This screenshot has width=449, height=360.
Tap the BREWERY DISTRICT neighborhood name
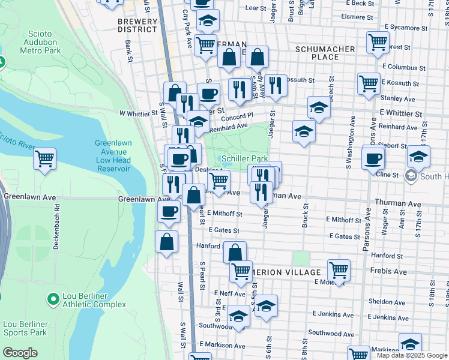coord(137,25)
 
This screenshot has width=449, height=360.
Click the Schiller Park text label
coord(244,158)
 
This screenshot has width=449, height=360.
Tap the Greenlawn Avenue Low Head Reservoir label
coord(112,156)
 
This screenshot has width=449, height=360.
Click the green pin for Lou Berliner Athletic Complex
coord(54,298)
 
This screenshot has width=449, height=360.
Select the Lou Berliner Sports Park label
coord(25,328)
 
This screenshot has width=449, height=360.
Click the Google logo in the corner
coord(20,353)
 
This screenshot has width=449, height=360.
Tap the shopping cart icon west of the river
coord(44,159)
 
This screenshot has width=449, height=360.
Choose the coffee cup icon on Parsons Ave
coord(373,158)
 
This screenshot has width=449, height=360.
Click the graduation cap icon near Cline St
coord(418,157)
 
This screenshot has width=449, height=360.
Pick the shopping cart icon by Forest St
coord(378,43)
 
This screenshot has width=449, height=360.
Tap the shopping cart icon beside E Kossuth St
coord(369,83)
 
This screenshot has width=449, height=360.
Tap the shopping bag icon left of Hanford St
coord(167,242)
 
